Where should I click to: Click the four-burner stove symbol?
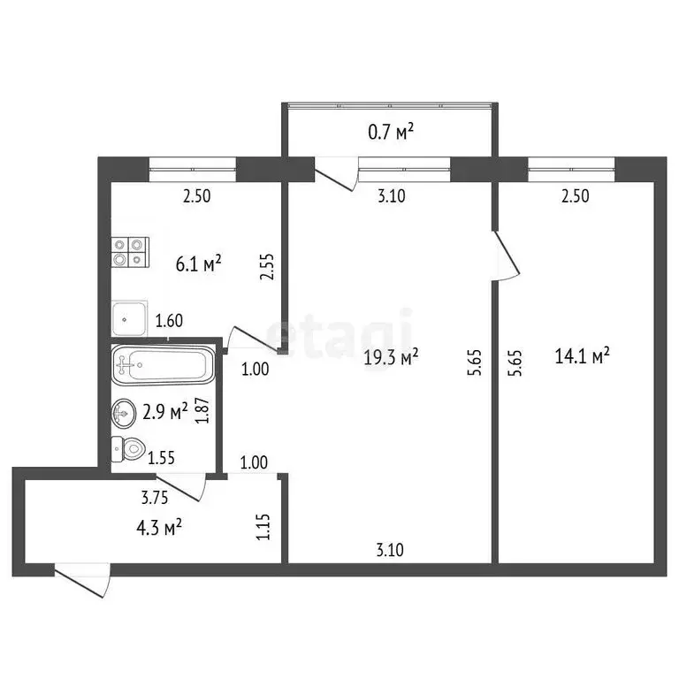point(130,253)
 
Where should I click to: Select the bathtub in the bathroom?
point(163,364)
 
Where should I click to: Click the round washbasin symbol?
point(126,412)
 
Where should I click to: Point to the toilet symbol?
point(127,449)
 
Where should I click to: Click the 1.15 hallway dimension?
point(262,528)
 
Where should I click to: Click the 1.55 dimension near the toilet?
point(161,458)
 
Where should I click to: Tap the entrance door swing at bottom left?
point(81,580)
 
